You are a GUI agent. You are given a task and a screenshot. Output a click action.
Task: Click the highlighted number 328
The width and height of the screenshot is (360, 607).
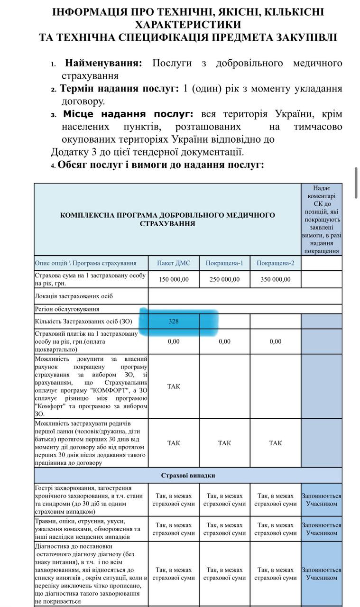pyautogui.click(x=174, y=321)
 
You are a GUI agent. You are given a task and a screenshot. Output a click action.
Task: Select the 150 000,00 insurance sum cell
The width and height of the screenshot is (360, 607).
pyautogui.click(x=174, y=279)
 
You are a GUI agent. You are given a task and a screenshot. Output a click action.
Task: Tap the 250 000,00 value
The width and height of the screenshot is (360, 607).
pyautogui.click(x=224, y=279)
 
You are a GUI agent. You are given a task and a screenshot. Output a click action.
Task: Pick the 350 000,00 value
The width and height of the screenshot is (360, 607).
pyautogui.click(x=276, y=279)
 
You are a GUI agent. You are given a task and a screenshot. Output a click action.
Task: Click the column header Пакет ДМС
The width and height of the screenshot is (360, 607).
pyautogui.click(x=174, y=263)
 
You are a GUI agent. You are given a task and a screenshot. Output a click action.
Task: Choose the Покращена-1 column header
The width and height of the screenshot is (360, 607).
pyautogui.click(x=224, y=263)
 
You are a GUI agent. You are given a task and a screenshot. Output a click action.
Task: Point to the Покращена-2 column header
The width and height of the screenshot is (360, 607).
pyautogui.click(x=276, y=263)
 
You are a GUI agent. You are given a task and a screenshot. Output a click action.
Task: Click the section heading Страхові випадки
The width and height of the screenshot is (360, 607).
pyautogui.click(x=188, y=475)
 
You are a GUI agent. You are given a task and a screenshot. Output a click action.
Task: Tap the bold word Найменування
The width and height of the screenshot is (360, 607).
pyautogui.click(x=103, y=63)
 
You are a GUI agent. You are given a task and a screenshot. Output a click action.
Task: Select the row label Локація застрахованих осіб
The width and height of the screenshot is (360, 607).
pyautogui.click(x=74, y=296)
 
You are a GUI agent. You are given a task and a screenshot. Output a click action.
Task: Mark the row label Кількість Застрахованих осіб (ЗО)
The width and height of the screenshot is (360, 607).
pyautogui.click(x=83, y=322)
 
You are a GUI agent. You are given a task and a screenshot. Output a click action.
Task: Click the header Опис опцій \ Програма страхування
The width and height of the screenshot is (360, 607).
pyautogui.click(x=85, y=263)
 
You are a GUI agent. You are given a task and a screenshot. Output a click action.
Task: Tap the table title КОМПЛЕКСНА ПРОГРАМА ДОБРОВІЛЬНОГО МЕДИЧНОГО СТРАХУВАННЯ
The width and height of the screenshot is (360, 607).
pyautogui.click(x=167, y=219)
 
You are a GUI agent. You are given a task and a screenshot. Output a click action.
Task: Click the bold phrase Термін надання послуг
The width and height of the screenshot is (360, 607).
pyautogui.click(x=119, y=89)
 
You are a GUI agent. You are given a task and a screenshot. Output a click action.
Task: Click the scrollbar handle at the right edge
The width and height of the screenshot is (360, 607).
pyautogui.click(x=356, y=183)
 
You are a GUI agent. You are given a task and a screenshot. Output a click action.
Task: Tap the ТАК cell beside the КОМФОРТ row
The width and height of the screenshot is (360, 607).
pyautogui.click(x=174, y=386)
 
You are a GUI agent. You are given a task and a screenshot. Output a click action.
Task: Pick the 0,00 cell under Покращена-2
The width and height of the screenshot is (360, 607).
pyautogui.click(x=276, y=341)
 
